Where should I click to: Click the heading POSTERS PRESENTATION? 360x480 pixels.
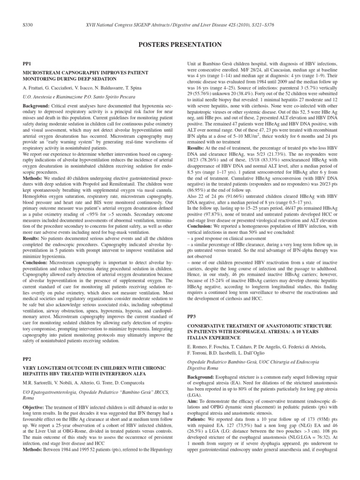coord(180,45)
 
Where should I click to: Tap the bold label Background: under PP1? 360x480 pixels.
coord(37,107)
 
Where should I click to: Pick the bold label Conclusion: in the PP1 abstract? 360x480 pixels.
coord(37,270)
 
